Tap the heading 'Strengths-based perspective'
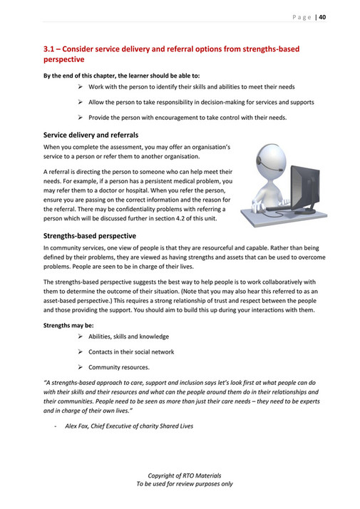pos(89,235)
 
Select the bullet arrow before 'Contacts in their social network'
pos(81,351)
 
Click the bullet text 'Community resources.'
pos(119,367)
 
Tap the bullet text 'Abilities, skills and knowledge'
pos(128,336)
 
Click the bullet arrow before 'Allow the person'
pos(81,102)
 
